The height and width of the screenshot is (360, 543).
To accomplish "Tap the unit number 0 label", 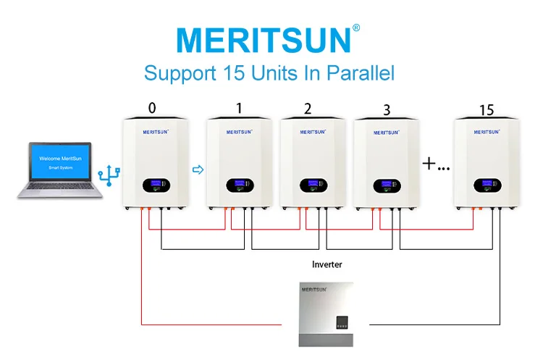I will pyautogui.click(x=152, y=109).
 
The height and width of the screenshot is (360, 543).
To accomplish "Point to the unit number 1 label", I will pyautogui.click(x=239, y=109).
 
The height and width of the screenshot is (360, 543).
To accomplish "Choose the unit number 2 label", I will pyautogui.click(x=308, y=109).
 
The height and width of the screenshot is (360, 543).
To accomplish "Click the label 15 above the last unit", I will pyautogui.click(x=487, y=110).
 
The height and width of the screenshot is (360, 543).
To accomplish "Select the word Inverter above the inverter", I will pyautogui.click(x=327, y=265).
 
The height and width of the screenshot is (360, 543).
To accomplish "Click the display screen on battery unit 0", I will pyautogui.click(x=155, y=185).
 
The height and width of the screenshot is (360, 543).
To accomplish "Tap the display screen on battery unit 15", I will pyautogui.click(x=484, y=185).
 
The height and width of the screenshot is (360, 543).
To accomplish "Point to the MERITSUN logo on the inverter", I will pyautogui.click(x=317, y=290).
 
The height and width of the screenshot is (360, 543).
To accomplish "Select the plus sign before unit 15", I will pyautogui.click(x=429, y=164).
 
